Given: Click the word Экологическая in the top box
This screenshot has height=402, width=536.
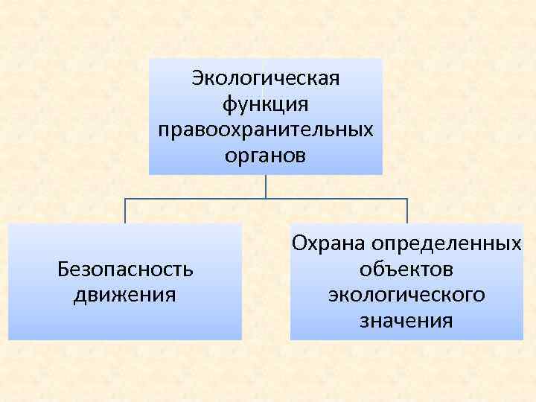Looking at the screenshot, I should pyautogui.click(x=266, y=77).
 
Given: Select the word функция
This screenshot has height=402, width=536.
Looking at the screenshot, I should pyautogui.click(x=266, y=103).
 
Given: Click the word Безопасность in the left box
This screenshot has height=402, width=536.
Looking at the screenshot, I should pyautogui.click(x=125, y=269).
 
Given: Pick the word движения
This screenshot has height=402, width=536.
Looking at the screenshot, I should pyautogui.click(x=125, y=295).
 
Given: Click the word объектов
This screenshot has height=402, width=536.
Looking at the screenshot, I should pyautogui.click(x=406, y=269).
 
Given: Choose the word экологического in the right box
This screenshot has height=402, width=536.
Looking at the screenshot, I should pyautogui.click(x=406, y=295).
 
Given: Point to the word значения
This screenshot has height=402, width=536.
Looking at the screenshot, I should pyautogui.click(x=406, y=321).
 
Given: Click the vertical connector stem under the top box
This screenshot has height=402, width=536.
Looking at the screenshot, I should pyautogui.click(x=266, y=186).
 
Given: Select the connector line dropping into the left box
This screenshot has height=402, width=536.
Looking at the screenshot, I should pyautogui.click(x=125, y=211).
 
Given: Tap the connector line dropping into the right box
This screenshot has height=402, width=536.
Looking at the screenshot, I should pyautogui.click(x=407, y=211).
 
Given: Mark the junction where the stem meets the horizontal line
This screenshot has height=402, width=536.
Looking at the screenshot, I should pyautogui.click(x=266, y=199).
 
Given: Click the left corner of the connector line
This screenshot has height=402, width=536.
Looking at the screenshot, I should pyautogui.click(x=125, y=199).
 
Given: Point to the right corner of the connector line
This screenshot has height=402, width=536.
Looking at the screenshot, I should pyautogui.click(x=407, y=199).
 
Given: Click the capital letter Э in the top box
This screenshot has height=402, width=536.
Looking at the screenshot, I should pyautogui.click(x=197, y=77).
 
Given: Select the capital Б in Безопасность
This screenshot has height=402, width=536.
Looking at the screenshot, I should pyautogui.click(x=63, y=269).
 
